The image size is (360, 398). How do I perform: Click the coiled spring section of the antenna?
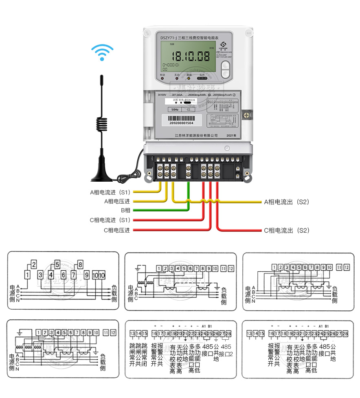tap(102, 124)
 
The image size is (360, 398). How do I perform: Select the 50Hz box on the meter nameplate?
tap(174, 110)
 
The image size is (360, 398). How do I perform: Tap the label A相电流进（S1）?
tap(110, 192)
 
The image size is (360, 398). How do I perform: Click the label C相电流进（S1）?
tap(110, 220)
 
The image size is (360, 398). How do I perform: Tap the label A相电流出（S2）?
tap(287, 202)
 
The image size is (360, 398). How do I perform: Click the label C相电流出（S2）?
tap(287, 231)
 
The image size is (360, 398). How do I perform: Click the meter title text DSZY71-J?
tap(168, 37)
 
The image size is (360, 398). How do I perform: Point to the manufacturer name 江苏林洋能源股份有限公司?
tap(196, 135)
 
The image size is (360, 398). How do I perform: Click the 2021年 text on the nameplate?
tap(231, 135)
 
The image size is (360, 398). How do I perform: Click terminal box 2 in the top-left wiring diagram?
tap(34, 264)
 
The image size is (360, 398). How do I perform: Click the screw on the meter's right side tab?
tap(246, 115)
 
